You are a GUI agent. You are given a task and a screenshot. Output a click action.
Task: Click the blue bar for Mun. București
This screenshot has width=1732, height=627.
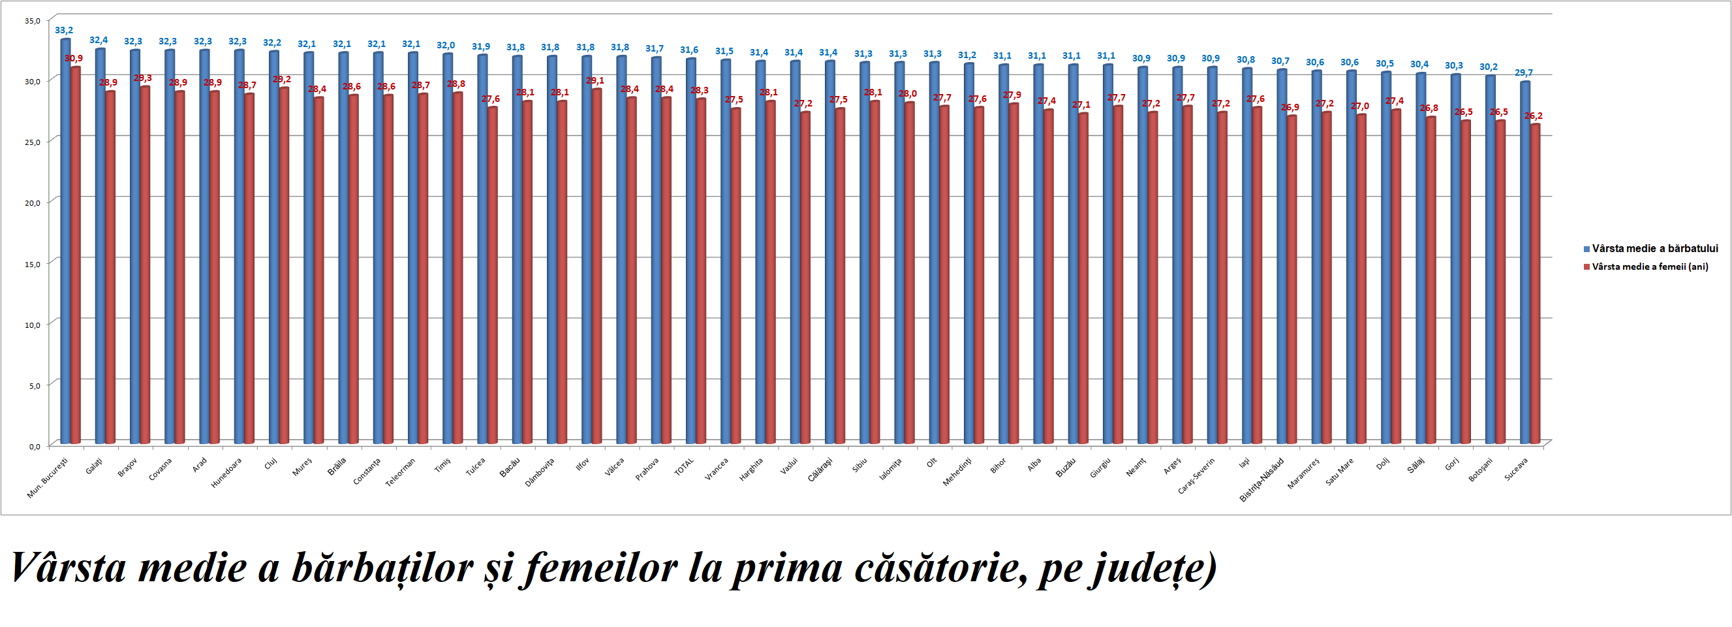coord(65,242)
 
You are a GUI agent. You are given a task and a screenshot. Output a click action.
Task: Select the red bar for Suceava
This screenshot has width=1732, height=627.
coord(1535,283)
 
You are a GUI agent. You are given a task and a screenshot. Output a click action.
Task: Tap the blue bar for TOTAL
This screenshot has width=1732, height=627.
coord(690,252)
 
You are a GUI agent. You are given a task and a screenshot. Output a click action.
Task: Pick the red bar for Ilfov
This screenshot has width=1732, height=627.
coord(596,266)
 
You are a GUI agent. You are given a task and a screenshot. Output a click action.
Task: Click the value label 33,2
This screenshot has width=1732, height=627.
coord(64,30)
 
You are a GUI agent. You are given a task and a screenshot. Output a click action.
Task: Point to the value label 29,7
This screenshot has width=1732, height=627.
coord(1524,72)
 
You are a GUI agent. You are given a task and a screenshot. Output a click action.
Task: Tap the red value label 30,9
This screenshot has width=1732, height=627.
coord(74,59)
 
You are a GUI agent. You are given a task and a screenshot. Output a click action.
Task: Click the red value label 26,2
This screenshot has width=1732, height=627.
coord(1534,116)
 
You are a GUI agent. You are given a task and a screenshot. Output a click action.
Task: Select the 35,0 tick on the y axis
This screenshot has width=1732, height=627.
coord(32,21)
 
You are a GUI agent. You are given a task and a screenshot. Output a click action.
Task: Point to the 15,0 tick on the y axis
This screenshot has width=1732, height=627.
coord(32,264)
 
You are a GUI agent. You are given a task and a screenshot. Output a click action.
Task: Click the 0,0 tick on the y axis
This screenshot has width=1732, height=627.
coord(35,446)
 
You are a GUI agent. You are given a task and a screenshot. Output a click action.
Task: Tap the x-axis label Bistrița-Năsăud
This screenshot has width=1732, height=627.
coord(1261,479)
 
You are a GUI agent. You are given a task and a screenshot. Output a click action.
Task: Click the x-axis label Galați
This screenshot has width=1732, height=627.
coord(94,466)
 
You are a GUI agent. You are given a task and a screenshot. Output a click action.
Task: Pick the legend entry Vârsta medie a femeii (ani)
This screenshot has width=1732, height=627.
coord(1649,267)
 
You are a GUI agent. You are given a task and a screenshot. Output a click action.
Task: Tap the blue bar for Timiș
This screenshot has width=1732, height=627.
coord(447,249)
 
